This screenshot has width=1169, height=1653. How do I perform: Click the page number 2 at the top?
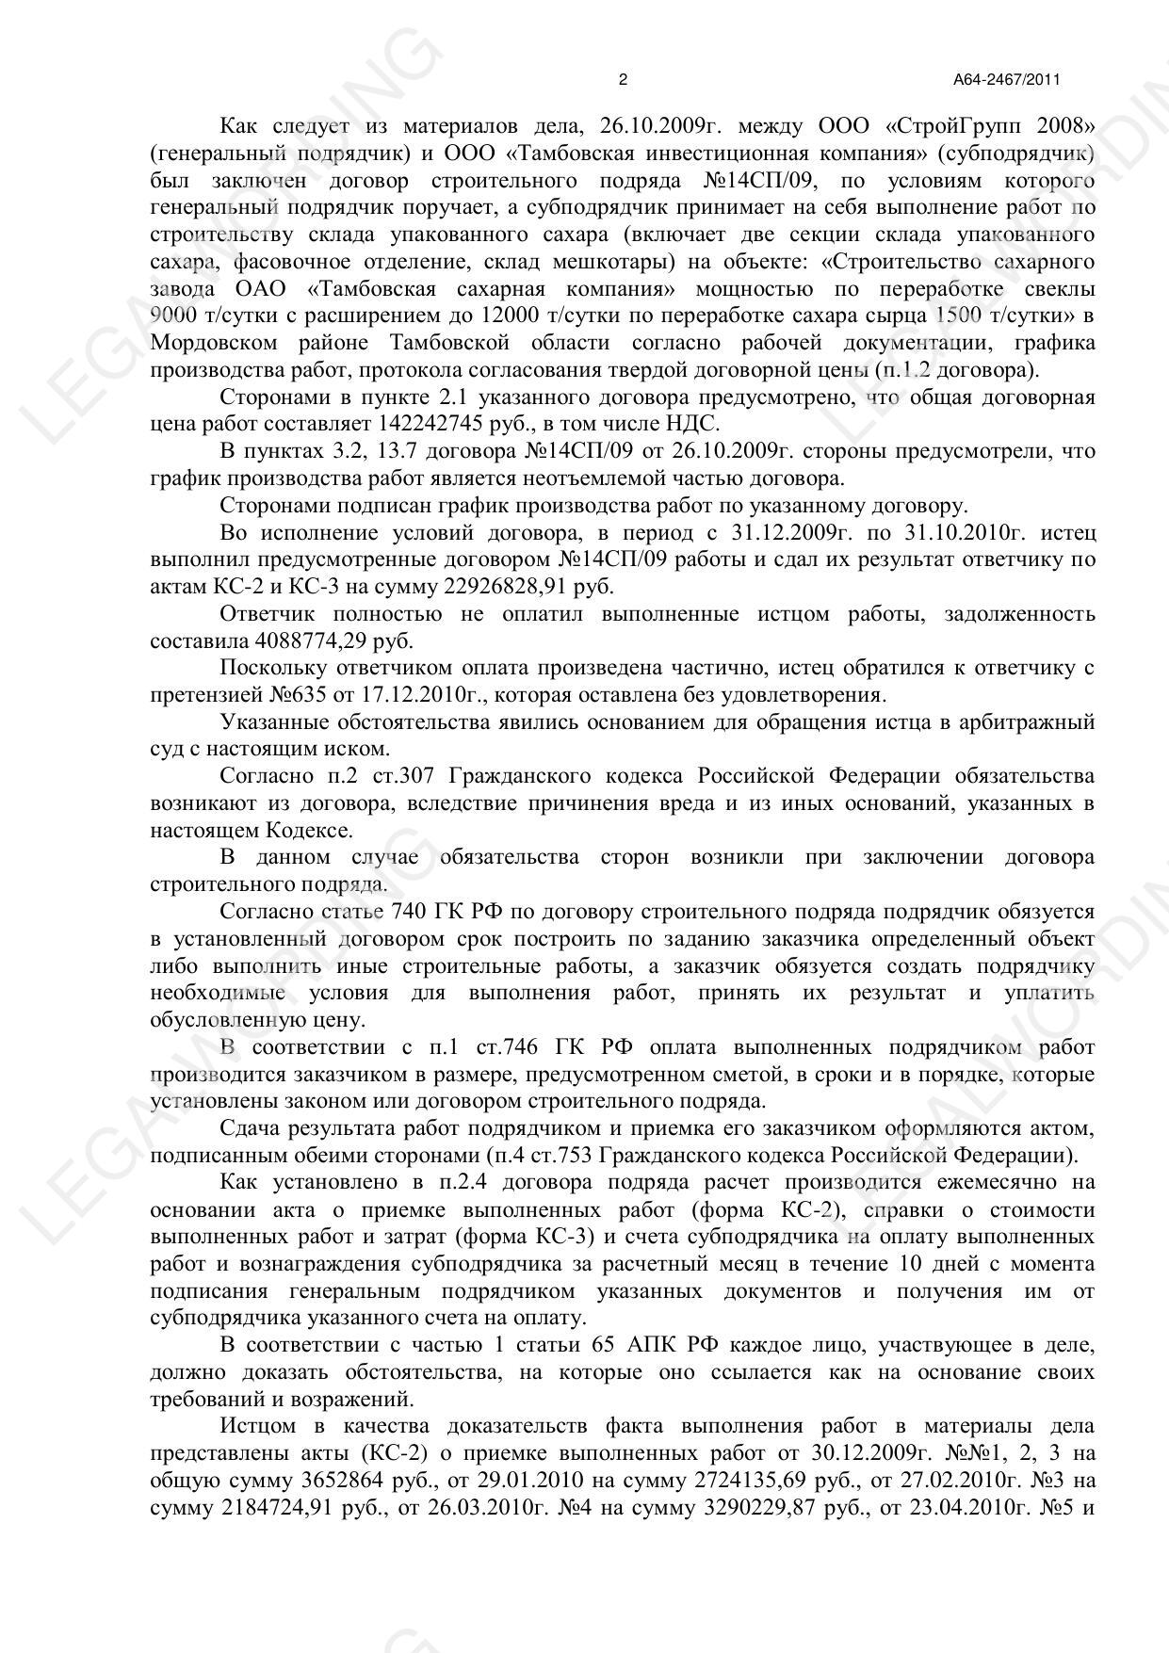(x=623, y=80)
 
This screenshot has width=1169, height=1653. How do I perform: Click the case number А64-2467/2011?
(x=1006, y=80)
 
